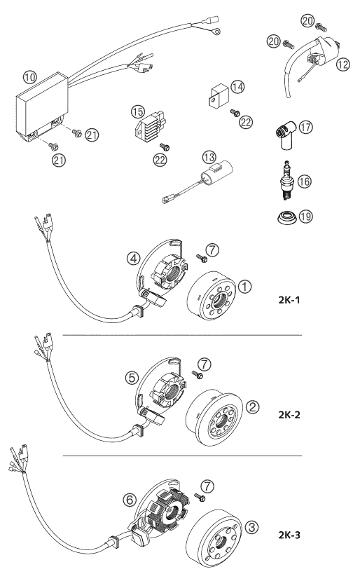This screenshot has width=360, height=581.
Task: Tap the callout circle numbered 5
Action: (x=132, y=376)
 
